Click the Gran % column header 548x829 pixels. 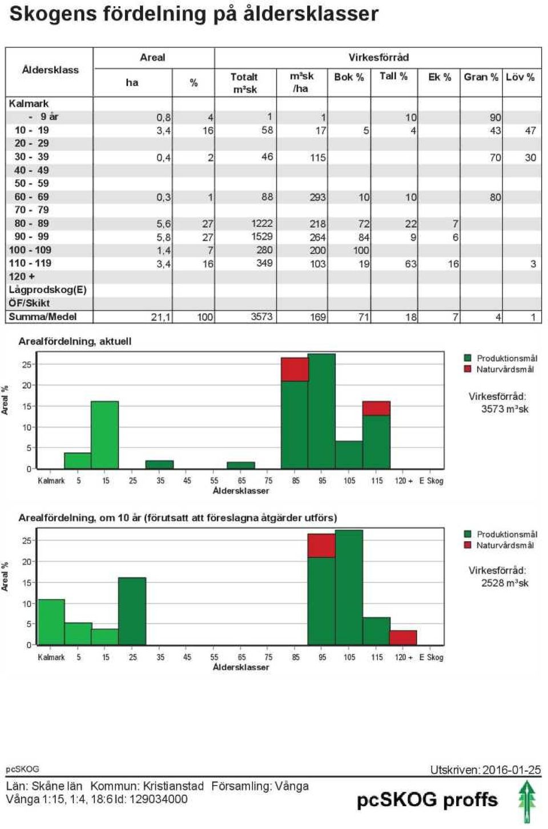(x=481, y=77)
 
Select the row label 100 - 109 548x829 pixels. (x=30, y=250)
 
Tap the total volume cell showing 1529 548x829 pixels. (x=262, y=236)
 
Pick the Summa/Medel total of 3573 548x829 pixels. (x=261, y=317)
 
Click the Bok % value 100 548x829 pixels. (x=361, y=250)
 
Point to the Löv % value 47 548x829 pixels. (x=530, y=131)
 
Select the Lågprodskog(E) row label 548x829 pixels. (x=47, y=290)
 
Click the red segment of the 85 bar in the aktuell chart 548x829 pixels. (x=295, y=369)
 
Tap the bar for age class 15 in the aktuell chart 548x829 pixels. (x=105, y=435)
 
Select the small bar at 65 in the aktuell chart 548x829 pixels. (x=241, y=466)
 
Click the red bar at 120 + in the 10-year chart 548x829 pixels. (x=403, y=638)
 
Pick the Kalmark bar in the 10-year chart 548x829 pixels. (x=51, y=622)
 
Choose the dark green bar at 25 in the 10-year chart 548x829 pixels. (x=132, y=612)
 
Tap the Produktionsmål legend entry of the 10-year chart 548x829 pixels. (x=500, y=534)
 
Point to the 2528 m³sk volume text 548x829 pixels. (x=505, y=583)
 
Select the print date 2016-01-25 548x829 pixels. (x=511, y=770)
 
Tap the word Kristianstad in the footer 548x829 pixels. (x=174, y=786)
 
